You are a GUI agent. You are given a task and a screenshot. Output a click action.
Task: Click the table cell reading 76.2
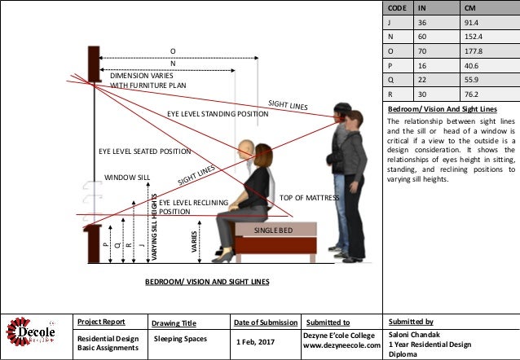471,93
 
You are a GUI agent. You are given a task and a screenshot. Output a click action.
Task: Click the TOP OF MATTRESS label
309,198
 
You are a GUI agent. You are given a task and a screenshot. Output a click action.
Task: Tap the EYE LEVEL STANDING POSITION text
218,113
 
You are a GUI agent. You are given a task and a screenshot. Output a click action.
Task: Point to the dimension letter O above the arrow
172,51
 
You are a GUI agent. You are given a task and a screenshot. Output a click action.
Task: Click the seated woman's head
262,155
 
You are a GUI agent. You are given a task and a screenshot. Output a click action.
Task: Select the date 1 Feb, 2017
255,340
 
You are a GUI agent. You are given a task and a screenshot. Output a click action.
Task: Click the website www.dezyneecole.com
342,345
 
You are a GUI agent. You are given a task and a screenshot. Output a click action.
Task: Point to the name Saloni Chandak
416,334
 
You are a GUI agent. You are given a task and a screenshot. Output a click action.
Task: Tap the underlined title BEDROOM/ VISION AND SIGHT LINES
206,281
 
